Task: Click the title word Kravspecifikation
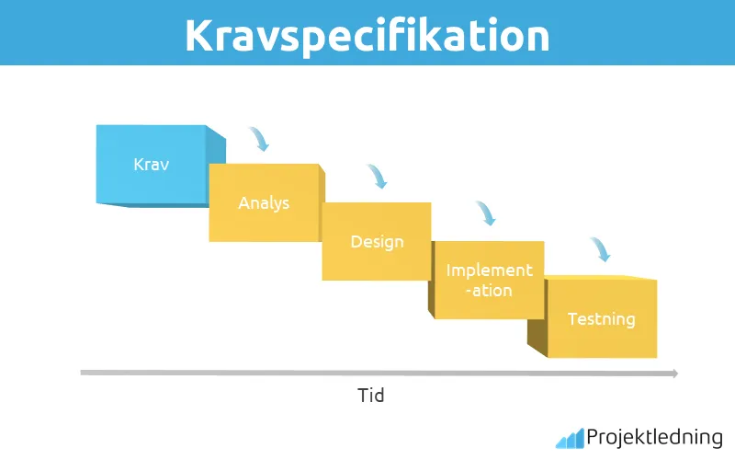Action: [x=367, y=33]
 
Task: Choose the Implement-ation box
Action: [x=489, y=280]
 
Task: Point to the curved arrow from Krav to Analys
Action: [x=260, y=139]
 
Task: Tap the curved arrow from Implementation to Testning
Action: [x=600, y=249]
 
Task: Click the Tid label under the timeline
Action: [x=370, y=397]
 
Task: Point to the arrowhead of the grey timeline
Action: [x=674, y=374]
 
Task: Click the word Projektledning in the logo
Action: [x=654, y=438]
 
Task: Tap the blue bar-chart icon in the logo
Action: [x=569, y=438]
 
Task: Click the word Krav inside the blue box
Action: [x=152, y=165]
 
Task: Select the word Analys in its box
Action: [x=264, y=202]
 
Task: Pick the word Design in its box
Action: [x=377, y=242]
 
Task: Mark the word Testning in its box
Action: [x=602, y=319]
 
